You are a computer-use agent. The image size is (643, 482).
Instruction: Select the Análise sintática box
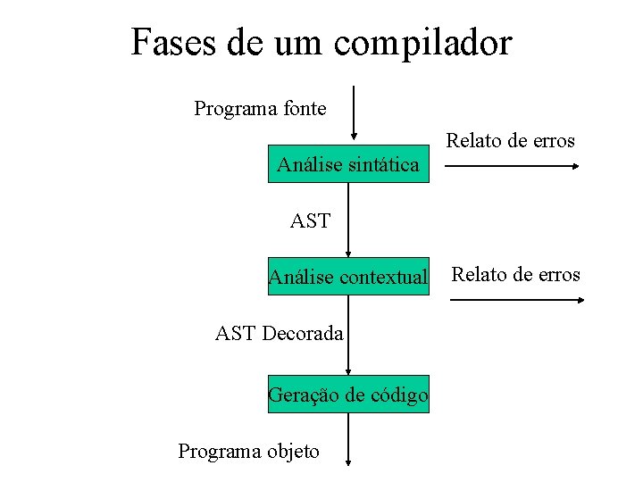point(348,163)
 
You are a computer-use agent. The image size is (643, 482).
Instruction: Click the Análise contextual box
point(348,278)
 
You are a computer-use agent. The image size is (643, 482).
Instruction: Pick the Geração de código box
point(348,395)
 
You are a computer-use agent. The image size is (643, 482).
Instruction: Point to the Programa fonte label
point(260,109)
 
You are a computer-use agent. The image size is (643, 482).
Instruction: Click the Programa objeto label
point(248,451)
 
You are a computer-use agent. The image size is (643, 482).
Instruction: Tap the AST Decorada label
point(279,334)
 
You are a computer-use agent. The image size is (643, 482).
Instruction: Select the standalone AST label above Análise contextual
point(310,220)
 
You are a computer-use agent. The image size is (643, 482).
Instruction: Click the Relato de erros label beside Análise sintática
point(510,140)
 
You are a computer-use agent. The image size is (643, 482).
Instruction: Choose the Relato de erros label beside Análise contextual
point(515,274)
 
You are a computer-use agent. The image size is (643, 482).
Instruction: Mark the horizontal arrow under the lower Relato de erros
point(516,300)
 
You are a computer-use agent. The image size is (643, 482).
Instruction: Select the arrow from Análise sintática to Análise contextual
point(348,220)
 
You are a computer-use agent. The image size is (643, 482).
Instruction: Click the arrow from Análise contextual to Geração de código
point(348,336)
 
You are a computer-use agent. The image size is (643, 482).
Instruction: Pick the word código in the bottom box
point(399,395)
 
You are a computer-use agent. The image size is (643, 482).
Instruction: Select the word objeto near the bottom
point(290,451)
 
